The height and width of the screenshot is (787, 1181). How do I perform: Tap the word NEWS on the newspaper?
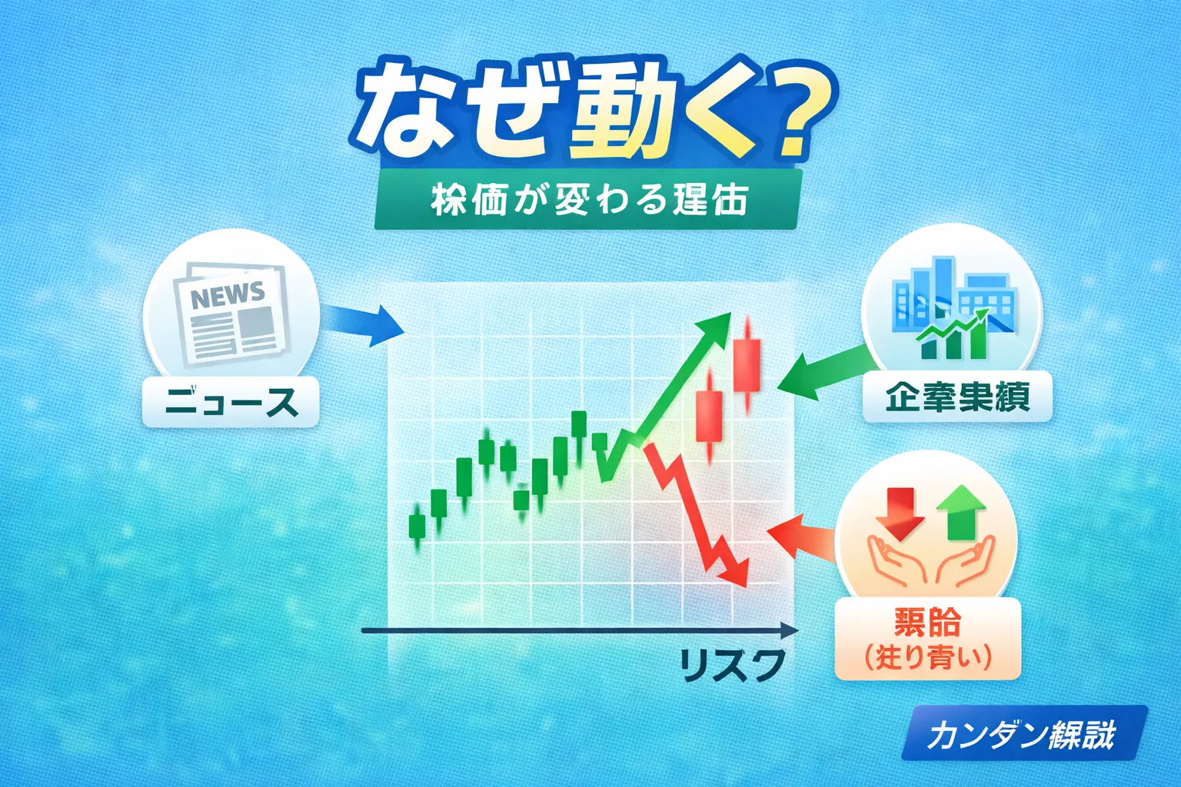coord(228,295)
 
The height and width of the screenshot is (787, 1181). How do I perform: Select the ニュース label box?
coord(231,402)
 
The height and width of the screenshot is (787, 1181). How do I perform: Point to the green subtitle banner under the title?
coord(588,200)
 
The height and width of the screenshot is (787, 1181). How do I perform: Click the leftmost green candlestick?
coord(417,526)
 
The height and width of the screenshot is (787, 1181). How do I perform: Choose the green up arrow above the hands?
coord(960,511)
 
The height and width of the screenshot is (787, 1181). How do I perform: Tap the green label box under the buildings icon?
coord(956,397)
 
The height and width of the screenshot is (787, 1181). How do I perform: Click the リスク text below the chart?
coord(731,666)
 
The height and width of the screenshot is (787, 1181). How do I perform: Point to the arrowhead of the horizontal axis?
coord(790,631)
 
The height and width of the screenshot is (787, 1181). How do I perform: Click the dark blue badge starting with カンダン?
coord(1023,734)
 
